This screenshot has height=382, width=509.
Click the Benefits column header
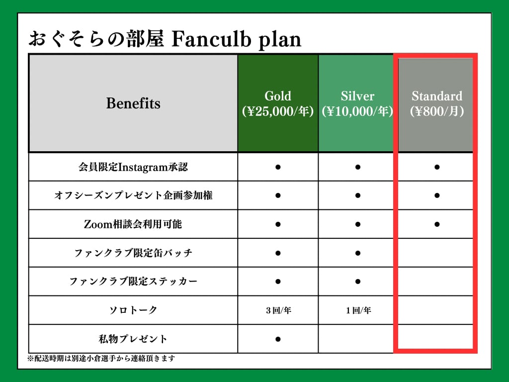pos(133,103)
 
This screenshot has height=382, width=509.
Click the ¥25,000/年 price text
pos(278,111)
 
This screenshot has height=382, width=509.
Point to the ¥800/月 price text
pos(437,111)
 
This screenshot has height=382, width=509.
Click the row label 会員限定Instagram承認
pos(133,167)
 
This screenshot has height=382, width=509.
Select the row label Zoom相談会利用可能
pos(133,224)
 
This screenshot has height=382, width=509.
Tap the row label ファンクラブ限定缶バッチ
pos(133,253)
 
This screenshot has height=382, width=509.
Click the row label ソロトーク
pos(133,310)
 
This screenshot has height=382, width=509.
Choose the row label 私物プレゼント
pos(133,339)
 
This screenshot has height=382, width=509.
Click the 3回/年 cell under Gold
pos(278,310)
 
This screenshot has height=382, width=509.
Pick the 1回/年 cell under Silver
pos(358,310)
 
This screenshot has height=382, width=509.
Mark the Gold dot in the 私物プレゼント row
pos(278,339)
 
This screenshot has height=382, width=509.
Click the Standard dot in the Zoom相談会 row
pos(437,224)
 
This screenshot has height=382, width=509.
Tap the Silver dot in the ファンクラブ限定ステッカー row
pos(358,282)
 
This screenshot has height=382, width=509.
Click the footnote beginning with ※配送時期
pos(101,358)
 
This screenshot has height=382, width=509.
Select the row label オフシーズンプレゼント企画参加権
pos(133,195)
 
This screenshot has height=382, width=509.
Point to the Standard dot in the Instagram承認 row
pos(437,167)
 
